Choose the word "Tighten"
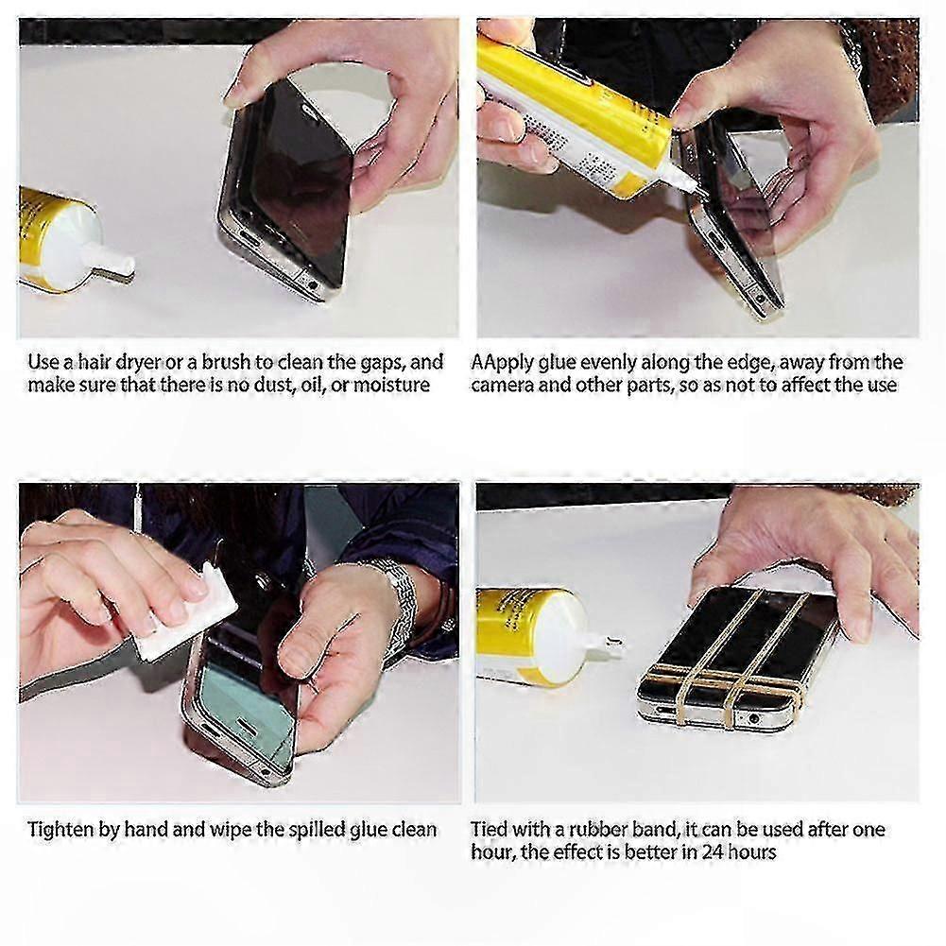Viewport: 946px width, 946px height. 59,830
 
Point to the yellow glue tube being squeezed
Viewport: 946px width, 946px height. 567,104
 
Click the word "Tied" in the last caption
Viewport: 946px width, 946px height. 490,830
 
